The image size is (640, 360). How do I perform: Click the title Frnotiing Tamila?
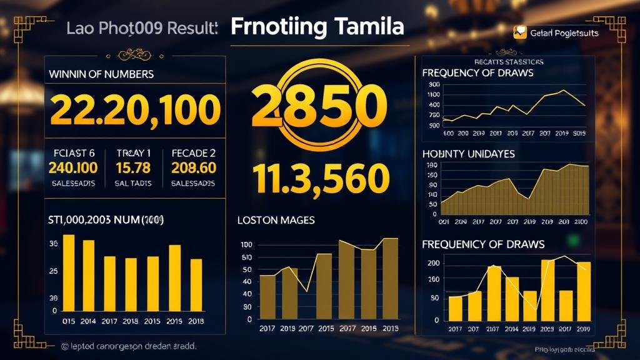(x=317, y=27)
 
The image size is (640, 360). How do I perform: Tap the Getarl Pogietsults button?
(x=556, y=33)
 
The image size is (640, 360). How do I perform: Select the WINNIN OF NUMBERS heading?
(x=101, y=74)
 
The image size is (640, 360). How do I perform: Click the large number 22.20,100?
(x=134, y=110)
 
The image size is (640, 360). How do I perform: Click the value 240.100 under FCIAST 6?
(x=73, y=167)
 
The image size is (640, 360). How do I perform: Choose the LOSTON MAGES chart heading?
(x=276, y=220)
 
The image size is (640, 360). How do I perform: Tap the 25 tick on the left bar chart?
(x=53, y=271)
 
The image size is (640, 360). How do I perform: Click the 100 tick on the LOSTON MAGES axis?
(x=246, y=245)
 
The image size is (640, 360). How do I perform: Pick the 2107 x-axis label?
(x=493, y=329)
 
